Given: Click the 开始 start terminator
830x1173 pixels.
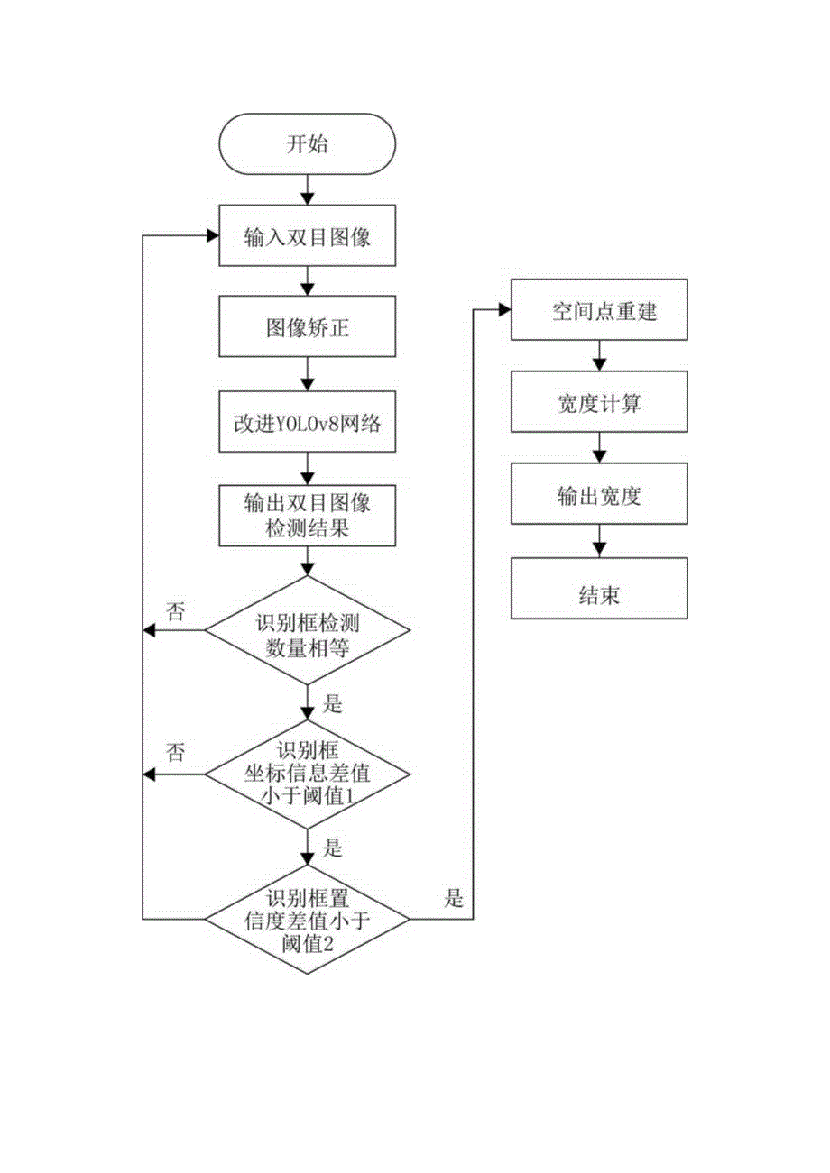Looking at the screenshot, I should point(308,145).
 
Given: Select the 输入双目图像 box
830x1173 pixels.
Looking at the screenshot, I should point(308,238).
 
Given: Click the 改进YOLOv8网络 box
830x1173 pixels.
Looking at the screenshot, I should point(308,423).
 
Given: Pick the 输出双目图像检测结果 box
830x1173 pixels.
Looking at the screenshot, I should point(308,516).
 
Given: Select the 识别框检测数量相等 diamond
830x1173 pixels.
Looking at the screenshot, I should point(308,630).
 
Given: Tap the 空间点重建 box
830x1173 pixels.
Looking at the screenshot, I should point(598,311).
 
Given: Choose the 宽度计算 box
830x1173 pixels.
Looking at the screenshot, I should point(598,404).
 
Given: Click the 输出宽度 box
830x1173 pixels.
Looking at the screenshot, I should point(598,496).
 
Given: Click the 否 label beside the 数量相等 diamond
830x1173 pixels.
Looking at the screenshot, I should point(177,610).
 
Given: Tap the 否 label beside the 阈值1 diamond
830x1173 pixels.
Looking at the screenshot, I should point(177,754).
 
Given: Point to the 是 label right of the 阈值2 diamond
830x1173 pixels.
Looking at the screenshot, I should point(454,898).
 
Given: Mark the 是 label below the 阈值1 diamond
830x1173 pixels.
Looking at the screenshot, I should point(333,848).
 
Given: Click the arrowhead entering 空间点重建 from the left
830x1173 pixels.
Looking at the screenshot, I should point(503,310).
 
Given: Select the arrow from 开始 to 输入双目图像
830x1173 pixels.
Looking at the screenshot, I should point(308,188).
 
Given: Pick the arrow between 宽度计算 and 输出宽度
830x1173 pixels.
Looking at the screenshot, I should point(598,449).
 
